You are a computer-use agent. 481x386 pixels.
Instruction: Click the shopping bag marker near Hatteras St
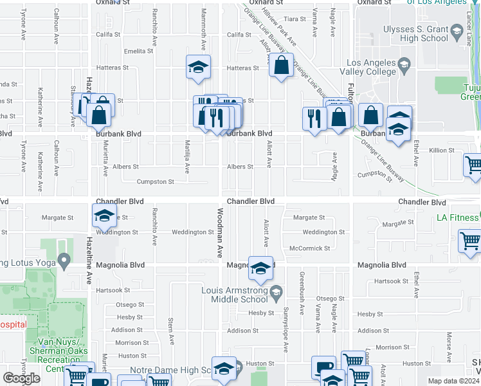tap(281, 65)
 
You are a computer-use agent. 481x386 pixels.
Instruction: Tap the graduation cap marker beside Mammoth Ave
tap(199, 66)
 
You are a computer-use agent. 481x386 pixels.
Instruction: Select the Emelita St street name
tap(139, 51)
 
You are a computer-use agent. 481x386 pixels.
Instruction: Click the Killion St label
tap(442, 151)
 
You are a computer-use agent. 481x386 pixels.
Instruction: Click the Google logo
tap(21, 378)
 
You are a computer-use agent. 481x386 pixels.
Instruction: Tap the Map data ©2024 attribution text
tap(454, 381)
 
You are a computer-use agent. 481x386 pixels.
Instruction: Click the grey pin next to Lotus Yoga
tap(63, 261)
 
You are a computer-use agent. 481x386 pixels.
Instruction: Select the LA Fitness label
tap(457, 217)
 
